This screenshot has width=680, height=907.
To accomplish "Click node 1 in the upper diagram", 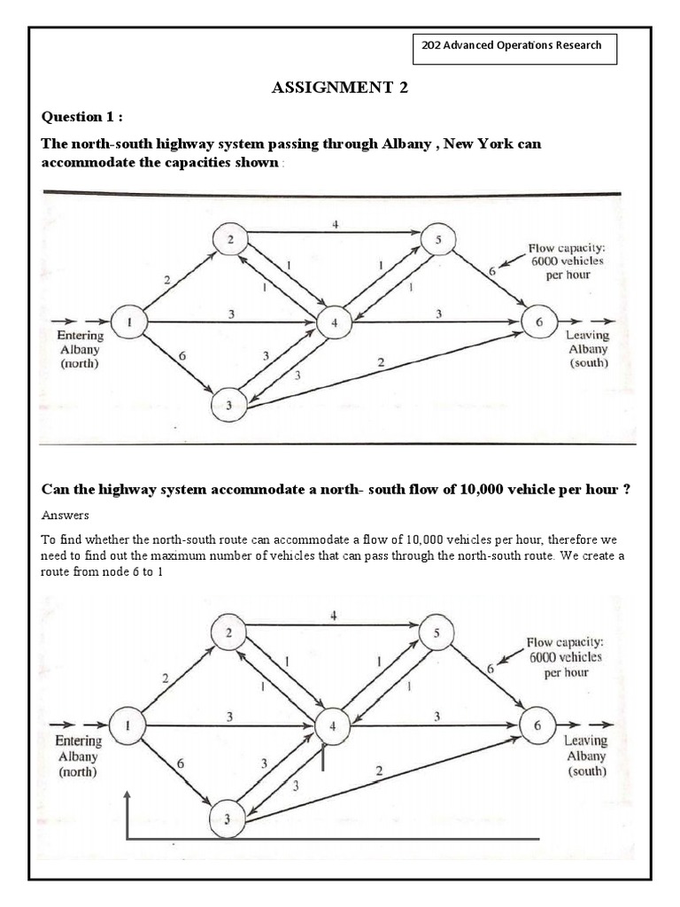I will [x=129, y=323].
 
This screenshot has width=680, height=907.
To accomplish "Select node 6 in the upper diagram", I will [x=538, y=323].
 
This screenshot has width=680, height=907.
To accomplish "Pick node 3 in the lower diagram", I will [x=228, y=820].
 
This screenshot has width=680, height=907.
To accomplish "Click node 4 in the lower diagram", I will [x=333, y=725].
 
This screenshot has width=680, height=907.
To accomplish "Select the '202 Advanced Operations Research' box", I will [x=514, y=46].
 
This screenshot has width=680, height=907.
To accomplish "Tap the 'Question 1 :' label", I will [x=83, y=118].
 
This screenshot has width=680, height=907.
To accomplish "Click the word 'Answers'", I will [x=65, y=515].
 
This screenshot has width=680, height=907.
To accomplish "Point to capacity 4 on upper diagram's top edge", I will [x=335, y=224].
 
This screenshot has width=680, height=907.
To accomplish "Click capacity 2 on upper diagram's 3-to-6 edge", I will [x=381, y=362].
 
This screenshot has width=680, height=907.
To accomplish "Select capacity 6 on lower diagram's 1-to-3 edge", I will [x=181, y=763].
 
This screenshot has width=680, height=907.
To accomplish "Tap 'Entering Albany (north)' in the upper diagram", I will [x=80, y=349].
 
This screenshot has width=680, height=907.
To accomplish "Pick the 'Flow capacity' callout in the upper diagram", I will [x=560, y=261].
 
